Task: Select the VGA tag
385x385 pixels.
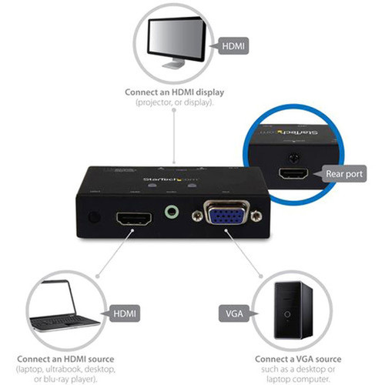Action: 229,313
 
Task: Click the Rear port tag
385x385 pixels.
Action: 343,174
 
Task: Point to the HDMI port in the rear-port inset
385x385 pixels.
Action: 293,174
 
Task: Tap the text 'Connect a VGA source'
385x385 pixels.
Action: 296,359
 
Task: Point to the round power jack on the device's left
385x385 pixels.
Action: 92,218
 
